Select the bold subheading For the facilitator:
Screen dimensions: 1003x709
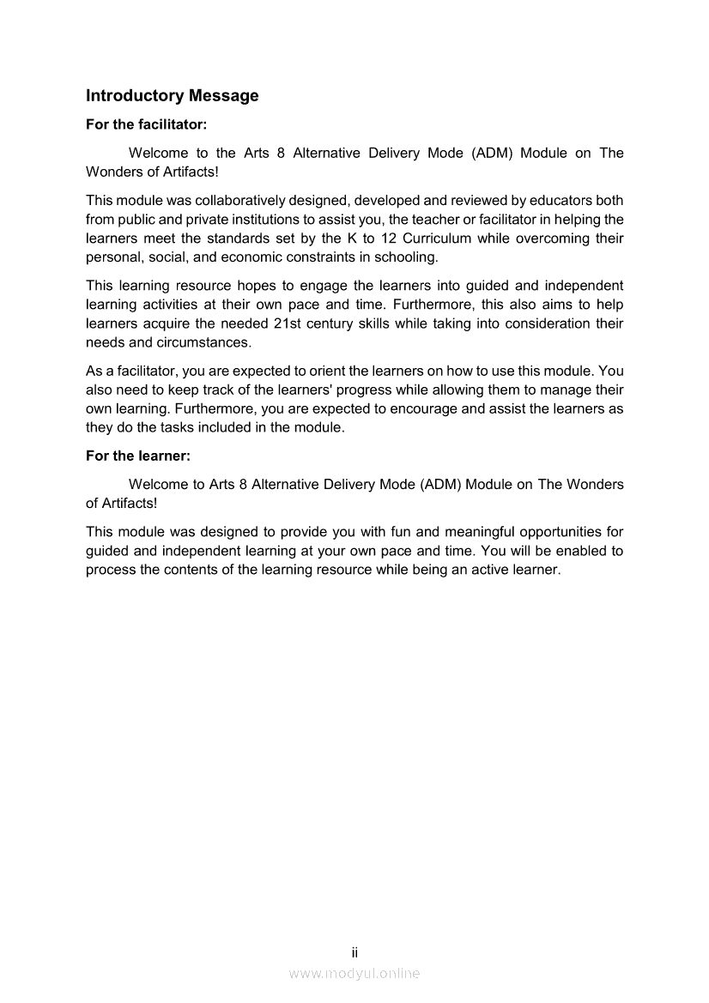(x=147, y=124)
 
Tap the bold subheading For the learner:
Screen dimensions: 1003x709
(x=137, y=456)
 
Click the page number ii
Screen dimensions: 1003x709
(x=354, y=952)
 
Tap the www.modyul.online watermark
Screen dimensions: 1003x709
(x=354, y=973)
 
